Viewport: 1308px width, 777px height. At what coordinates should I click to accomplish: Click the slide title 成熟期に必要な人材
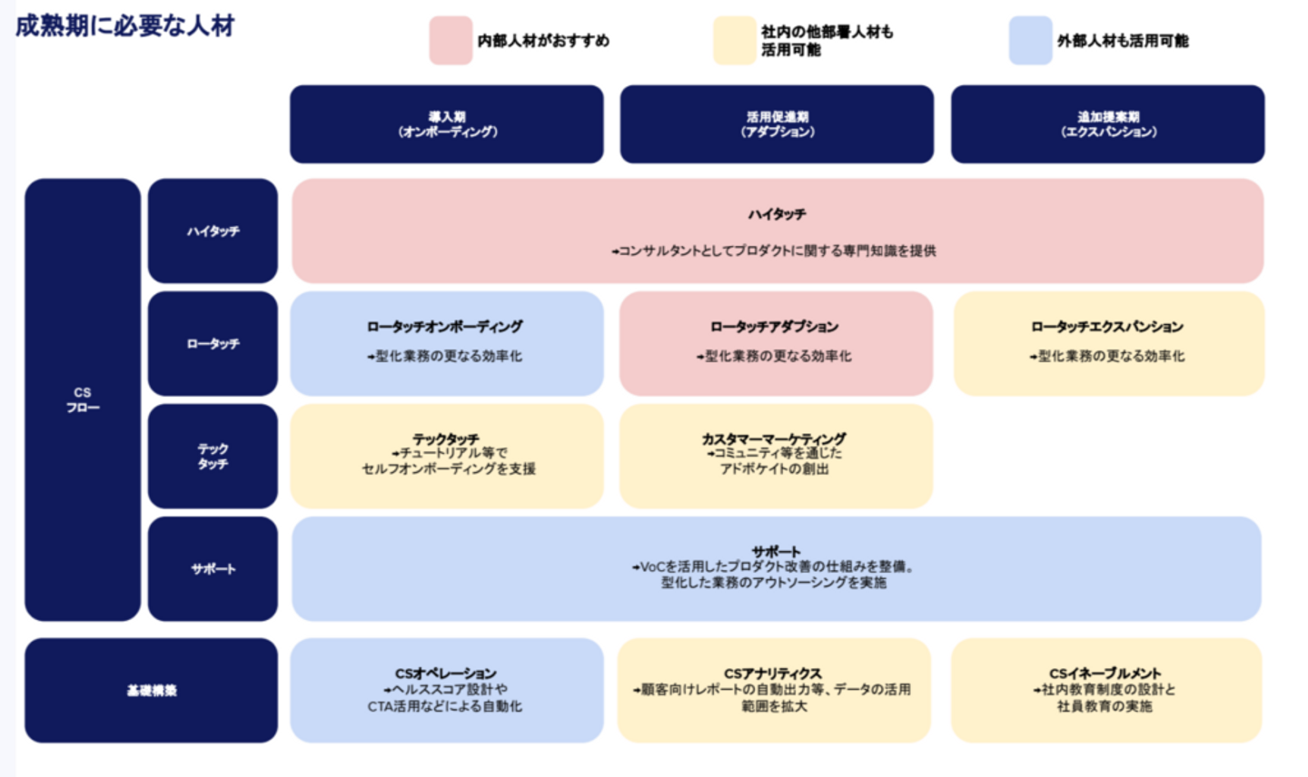click(x=124, y=25)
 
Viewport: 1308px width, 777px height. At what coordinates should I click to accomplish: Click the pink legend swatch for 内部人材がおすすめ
click(x=451, y=41)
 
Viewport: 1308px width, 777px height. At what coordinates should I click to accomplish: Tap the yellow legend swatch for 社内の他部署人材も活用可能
click(x=734, y=41)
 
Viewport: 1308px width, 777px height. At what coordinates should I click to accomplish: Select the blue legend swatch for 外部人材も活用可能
click(x=1030, y=41)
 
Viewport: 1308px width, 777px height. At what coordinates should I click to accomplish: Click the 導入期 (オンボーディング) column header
click(x=447, y=124)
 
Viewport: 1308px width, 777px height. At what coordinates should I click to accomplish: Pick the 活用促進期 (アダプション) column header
click(x=777, y=124)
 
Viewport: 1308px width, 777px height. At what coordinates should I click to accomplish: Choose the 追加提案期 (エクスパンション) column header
click(x=1107, y=124)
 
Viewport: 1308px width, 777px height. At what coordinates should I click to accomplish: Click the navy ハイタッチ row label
click(x=213, y=231)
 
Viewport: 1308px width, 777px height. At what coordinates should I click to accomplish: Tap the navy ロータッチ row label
click(x=213, y=344)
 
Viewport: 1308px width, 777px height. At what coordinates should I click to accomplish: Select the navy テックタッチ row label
click(x=213, y=457)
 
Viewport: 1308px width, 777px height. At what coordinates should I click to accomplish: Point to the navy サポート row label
click(x=213, y=569)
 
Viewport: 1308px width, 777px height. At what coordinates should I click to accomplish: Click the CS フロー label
click(x=83, y=399)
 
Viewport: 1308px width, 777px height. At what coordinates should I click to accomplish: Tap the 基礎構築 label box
click(x=151, y=691)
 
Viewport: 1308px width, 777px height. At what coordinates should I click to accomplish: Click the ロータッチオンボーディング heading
click(x=445, y=327)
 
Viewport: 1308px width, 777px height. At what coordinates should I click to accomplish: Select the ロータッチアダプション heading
click(x=775, y=327)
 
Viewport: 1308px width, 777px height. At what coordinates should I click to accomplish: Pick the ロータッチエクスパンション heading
click(x=1107, y=327)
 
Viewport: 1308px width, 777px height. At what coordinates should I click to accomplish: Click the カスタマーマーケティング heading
click(x=774, y=438)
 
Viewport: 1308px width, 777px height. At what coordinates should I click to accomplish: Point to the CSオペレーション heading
click(x=445, y=674)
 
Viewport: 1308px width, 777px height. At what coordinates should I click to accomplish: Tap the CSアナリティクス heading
click(x=773, y=674)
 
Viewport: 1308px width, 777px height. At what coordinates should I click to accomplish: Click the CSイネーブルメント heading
click(x=1105, y=674)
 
